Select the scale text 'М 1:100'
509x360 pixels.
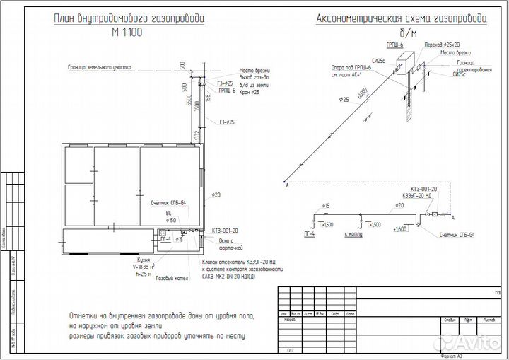click(x=127, y=33)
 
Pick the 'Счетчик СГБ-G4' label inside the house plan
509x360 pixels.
click(x=168, y=203)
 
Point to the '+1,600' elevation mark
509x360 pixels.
click(x=399, y=229)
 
